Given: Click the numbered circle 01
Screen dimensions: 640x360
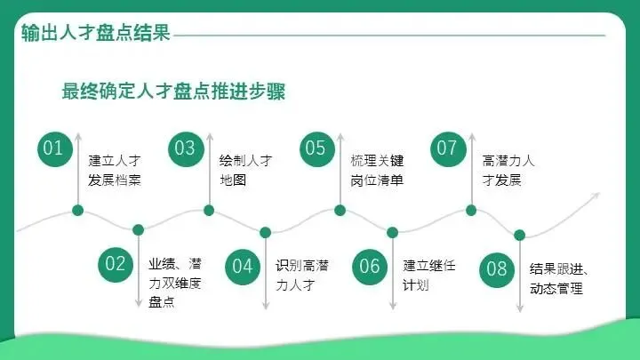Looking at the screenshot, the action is pyautogui.click(x=53, y=148).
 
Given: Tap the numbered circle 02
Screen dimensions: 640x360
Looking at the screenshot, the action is pyautogui.click(x=115, y=264).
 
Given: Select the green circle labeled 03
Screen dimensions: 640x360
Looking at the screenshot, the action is pyautogui.click(x=184, y=148).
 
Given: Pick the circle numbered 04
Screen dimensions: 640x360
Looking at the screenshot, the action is pyautogui.click(x=243, y=265).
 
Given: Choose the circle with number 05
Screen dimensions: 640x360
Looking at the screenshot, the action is pyautogui.click(x=316, y=148).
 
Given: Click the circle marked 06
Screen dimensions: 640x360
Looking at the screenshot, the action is pyautogui.click(x=370, y=265).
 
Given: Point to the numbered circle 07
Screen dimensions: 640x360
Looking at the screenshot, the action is pyautogui.click(x=446, y=148).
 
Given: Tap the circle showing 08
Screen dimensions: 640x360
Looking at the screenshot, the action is pyautogui.click(x=497, y=268).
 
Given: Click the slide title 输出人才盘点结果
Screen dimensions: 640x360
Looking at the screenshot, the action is pyautogui.click(x=95, y=34).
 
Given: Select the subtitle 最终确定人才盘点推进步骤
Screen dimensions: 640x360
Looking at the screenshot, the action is pyautogui.click(x=173, y=92).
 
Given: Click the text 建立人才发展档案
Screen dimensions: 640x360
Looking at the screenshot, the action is pyautogui.click(x=115, y=171).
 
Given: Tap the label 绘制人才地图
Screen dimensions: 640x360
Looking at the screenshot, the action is pyautogui.click(x=245, y=171).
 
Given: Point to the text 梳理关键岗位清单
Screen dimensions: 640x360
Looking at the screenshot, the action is pyautogui.click(x=377, y=171).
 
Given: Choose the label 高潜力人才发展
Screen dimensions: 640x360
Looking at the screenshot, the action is pyautogui.click(x=508, y=171).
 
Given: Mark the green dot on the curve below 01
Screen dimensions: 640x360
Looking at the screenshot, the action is pyautogui.click(x=77, y=211).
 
